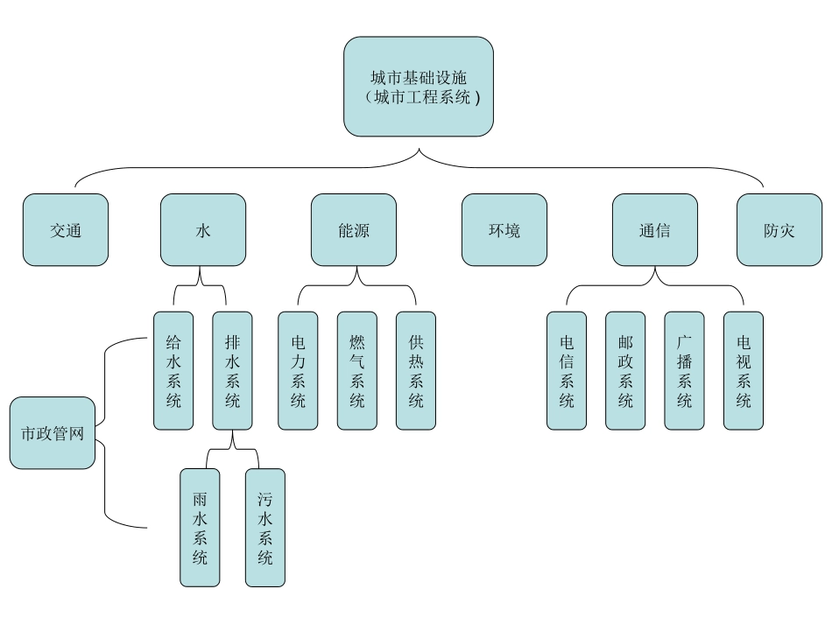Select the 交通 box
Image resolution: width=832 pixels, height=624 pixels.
tap(66, 230)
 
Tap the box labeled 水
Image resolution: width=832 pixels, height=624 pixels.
tap(203, 230)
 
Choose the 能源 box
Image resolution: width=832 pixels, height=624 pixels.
tap(354, 230)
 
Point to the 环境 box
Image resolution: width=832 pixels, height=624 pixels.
tap(504, 230)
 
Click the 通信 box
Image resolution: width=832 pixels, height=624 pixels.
tap(655, 230)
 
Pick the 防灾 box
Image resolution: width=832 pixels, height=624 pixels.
tap(779, 230)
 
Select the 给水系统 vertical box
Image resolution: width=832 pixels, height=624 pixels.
tap(173, 370)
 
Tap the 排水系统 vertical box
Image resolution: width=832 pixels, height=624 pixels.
tap(232, 370)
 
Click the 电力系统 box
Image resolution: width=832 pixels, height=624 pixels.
tap(298, 370)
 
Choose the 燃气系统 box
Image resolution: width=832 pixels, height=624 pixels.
tap(357, 370)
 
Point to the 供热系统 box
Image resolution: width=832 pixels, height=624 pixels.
tap(416, 370)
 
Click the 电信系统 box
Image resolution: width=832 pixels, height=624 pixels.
tap(567, 370)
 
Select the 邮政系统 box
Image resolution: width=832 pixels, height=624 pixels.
tap(625, 370)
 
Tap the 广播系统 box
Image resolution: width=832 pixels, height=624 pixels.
tap(684, 370)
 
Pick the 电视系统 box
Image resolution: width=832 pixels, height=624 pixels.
tap(744, 370)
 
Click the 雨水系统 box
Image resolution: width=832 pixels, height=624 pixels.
tap(200, 527)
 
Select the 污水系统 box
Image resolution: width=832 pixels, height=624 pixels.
tap(265, 527)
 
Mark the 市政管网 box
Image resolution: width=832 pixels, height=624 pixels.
tap(53, 432)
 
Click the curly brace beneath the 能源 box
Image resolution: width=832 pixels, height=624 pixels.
tap(356, 283)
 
